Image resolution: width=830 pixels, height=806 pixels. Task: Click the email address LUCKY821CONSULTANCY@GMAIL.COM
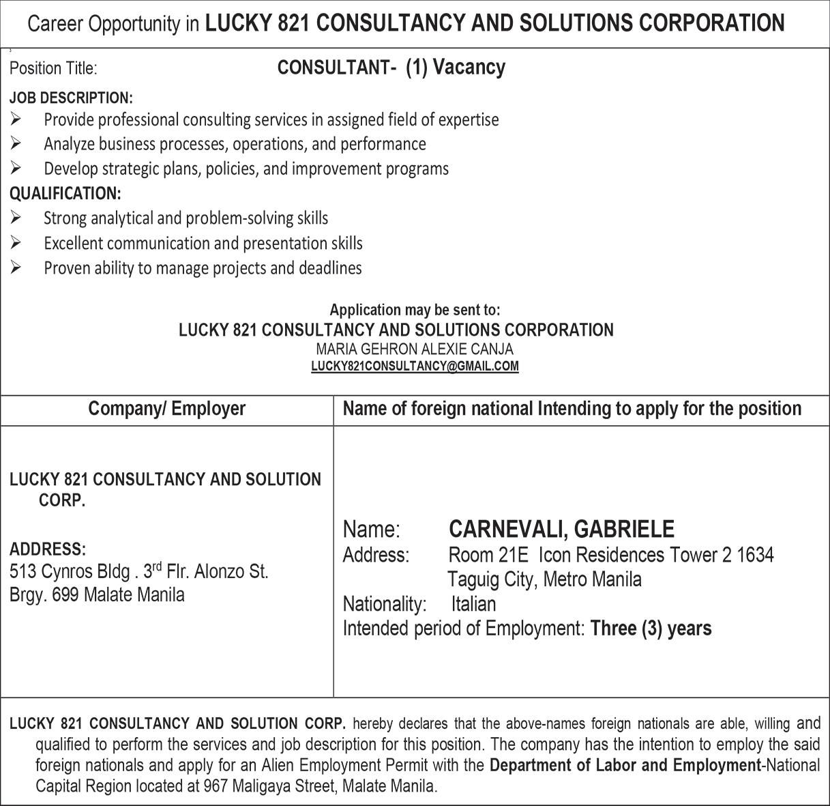click(x=415, y=366)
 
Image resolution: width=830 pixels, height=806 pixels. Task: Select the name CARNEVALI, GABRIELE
click(x=561, y=529)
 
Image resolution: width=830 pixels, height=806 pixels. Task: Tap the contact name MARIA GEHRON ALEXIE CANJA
click(x=415, y=349)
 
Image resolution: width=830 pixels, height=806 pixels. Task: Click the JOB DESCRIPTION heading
click(x=71, y=98)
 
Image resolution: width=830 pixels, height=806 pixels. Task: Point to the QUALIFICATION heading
click(x=65, y=194)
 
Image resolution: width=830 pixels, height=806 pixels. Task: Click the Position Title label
click(x=53, y=68)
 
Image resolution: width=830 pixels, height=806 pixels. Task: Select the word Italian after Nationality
click(x=473, y=604)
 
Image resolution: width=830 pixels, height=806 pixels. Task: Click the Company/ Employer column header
click(x=167, y=409)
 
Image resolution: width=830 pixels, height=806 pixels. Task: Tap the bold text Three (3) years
click(x=651, y=628)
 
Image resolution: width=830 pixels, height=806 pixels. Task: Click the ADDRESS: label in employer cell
click(x=48, y=549)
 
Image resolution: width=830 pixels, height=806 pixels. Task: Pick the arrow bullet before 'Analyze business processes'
click(x=16, y=144)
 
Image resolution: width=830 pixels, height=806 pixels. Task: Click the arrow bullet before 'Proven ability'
click(x=16, y=268)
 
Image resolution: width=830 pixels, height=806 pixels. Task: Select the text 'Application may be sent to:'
click(x=415, y=310)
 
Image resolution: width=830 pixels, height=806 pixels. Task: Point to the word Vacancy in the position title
click(x=469, y=68)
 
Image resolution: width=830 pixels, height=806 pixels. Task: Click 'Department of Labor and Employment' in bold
click(x=624, y=766)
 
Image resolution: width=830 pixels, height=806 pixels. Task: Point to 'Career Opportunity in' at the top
click(x=114, y=25)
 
